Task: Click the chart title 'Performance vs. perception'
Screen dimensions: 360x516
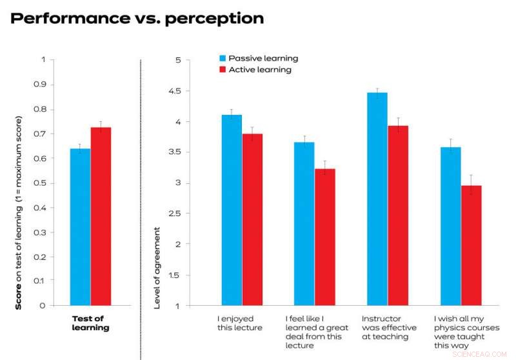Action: click(137, 18)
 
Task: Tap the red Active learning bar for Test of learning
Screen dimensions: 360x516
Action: click(101, 216)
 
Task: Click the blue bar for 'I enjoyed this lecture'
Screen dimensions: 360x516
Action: click(232, 210)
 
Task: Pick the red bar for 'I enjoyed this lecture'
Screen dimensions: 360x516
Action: click(252, 219)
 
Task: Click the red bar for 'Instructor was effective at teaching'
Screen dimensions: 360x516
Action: click(398, 215)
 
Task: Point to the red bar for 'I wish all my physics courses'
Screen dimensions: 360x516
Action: click(471, 245)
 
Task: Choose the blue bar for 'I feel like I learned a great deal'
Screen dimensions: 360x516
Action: click(304, 223)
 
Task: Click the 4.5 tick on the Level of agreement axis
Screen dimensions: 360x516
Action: click(172, 91)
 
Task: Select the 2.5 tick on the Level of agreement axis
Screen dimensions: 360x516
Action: click(172, 214)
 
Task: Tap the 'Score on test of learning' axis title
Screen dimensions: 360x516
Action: click(19, 213)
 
